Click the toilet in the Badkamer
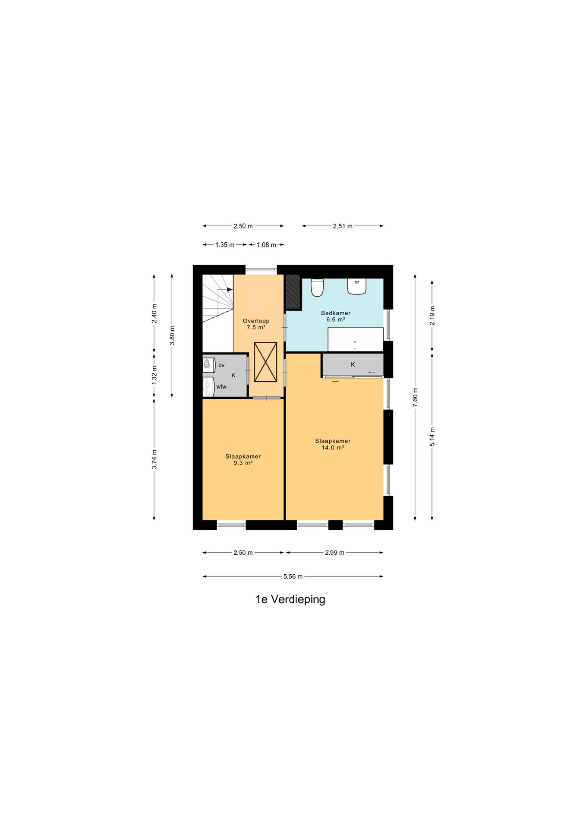click(x=317, y=288)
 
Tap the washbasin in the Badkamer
click(x=357, y=286)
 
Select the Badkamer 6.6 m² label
click(x=336, y=316)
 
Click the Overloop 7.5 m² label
click(x=256, y=324)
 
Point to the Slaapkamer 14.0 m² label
click(x=333, y=444)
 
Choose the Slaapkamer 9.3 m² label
click(x=243, y=460)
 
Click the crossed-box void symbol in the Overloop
click(x=265, y=362)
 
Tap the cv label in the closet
click(x=221, y=365)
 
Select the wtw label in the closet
click(x=221, y=387)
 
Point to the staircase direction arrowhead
click(x=230, y=290)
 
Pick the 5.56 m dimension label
click(x=293, y=576)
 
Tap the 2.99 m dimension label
click(x=334, y=553)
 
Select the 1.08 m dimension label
click(x=266, y=245)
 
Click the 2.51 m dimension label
click(x=343, y=226)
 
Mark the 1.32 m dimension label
click(x=154, y=375)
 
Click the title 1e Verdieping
click(x=290, y=599)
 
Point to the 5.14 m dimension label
click(x=432, y=437)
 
